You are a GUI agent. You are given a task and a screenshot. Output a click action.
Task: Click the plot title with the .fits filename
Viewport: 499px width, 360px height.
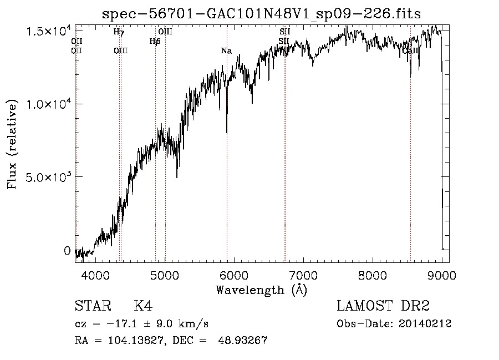click(262, 14)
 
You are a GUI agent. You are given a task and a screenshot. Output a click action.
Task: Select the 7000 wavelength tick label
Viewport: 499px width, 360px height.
click(303, 276)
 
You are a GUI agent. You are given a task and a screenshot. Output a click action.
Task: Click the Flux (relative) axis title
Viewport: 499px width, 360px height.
click(12, 145)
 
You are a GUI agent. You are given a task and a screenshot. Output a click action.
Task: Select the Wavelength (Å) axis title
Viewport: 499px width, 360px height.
click(261, 290)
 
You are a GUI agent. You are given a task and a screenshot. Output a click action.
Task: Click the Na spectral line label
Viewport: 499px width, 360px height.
click(226, 51)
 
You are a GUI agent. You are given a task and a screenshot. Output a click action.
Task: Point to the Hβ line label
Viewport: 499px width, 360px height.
click(155, 41)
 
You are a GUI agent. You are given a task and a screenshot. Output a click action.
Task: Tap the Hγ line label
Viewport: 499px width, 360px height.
click(119, 32)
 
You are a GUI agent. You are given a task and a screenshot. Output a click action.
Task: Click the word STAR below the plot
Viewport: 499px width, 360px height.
click(92, 307)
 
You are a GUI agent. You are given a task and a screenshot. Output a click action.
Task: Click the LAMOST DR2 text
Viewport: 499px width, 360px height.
click(383, 307)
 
